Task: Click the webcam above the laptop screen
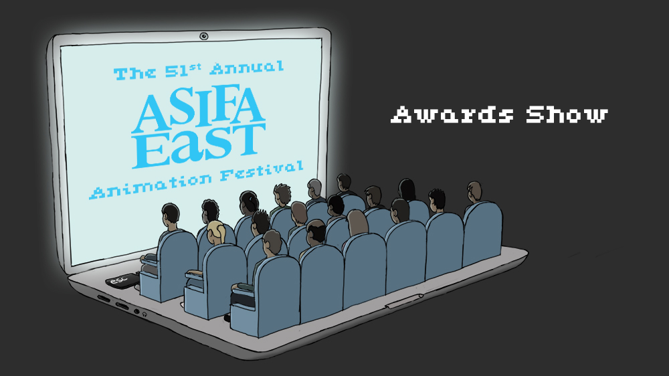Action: (x=204, y=36)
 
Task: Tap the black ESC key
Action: (x=122, y=280)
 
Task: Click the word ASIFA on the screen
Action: (x=199, y=109)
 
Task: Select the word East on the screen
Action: (x=199, y=145)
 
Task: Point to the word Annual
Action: (x=247, y=68)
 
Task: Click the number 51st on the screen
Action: (x=183, y=71)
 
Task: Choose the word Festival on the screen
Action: (x=262, y=171)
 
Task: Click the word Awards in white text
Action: (x=452, y=114)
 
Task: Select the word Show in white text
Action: (x=567, y=114)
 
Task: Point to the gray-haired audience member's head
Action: (x=314, y=189)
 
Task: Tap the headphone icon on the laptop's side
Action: (x=145, y=314)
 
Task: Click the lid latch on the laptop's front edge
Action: (x=403, y=300)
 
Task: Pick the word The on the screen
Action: (x=134, y=74)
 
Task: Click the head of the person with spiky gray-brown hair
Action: (x=282, y=195)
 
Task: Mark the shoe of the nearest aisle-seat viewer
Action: (x=227, y=317)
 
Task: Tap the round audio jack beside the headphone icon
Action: (x=136, y=312)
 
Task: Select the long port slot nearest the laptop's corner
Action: (x=103, y=298)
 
